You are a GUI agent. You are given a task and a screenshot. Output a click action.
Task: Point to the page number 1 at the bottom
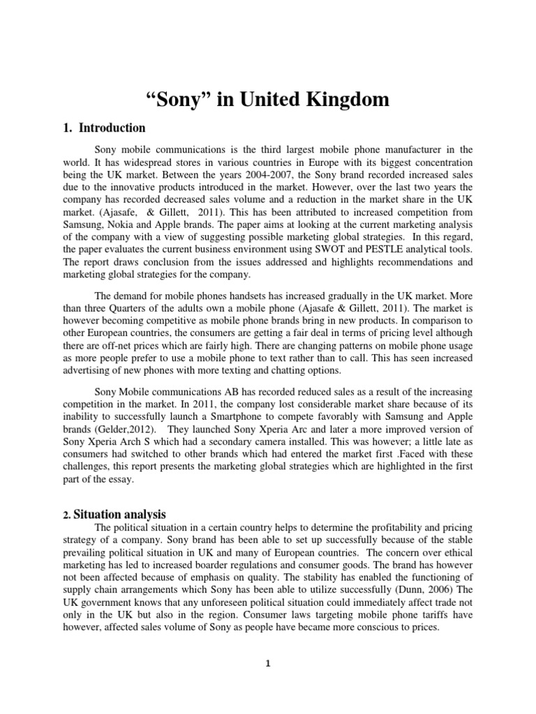pos(268,664)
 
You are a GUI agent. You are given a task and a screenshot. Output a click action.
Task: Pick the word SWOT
pos(346,249)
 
